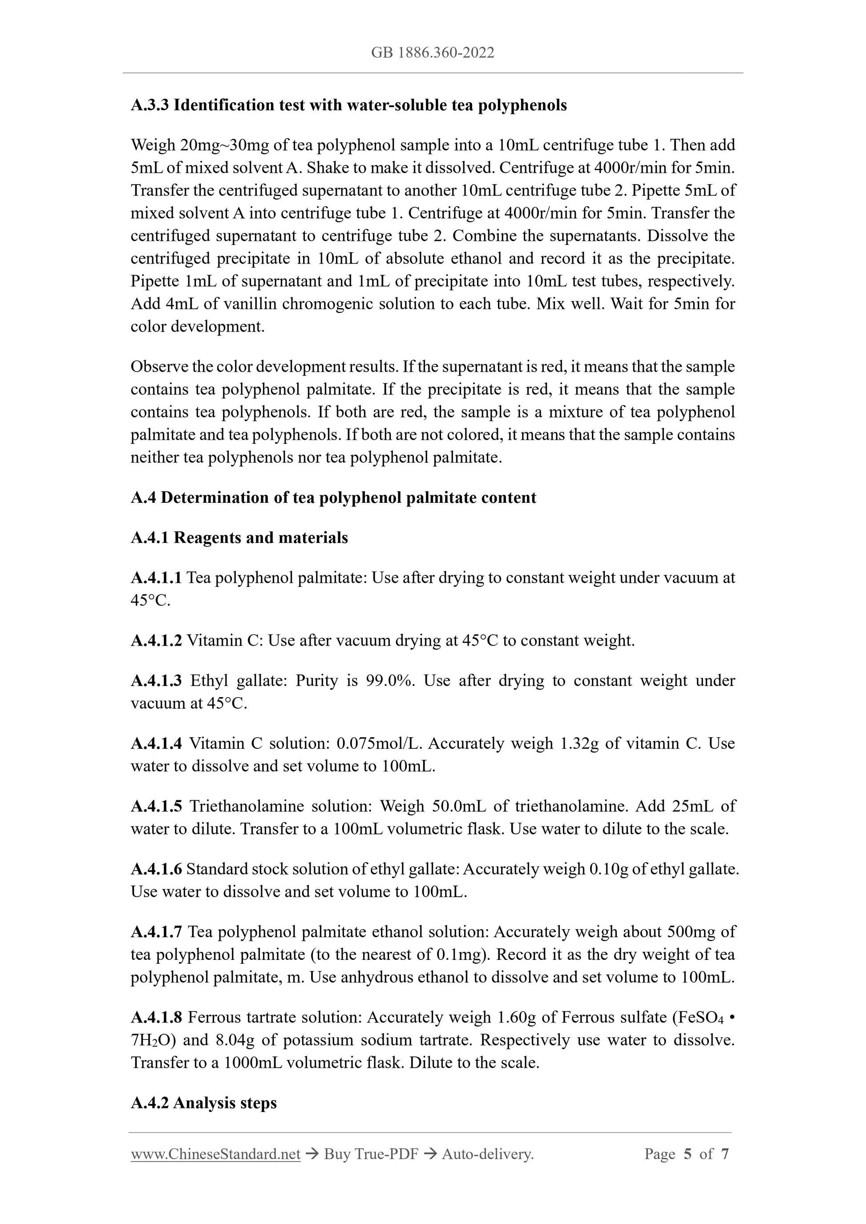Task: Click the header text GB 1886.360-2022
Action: coord(432,53)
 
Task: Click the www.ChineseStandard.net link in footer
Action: coord(215,1154)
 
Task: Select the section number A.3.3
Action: coord(150,105)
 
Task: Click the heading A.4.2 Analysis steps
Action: coord(203,1103)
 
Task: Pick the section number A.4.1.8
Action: coord(156,1017)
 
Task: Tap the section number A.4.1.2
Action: coord(156,640)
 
